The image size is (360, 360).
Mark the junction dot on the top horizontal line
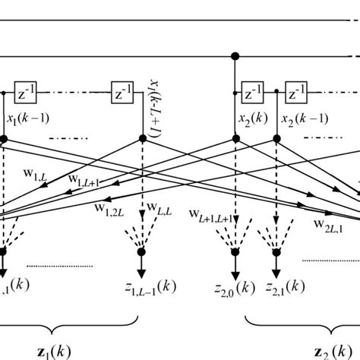pos(236,55)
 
